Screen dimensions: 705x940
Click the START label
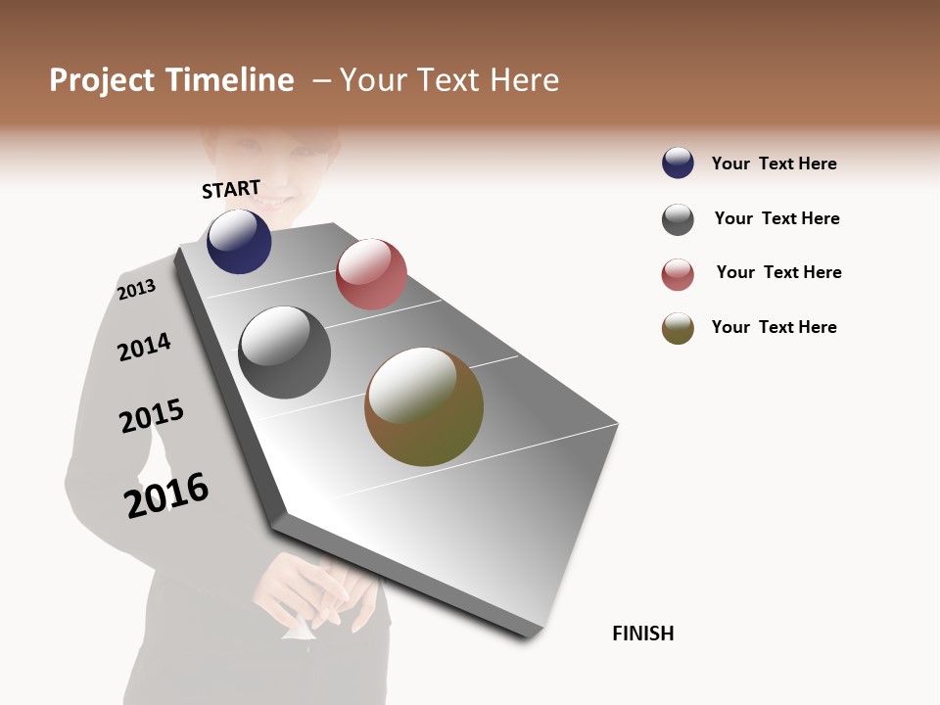point(231,188)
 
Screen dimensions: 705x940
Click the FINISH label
point(642,634)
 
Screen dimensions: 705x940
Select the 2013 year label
point(136,289)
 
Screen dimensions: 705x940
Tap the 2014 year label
point(144,347)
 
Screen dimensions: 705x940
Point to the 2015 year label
point(152,416)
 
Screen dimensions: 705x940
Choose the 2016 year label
point(166,494)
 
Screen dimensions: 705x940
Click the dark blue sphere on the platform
point(239,242)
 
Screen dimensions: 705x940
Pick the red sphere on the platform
point(371,274)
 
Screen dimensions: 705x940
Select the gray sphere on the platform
point(284,352)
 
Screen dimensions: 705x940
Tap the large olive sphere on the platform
point(424,406)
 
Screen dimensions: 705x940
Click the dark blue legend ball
point(678,163)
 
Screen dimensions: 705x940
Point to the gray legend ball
point(678,219)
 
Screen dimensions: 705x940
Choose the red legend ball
point(678,274)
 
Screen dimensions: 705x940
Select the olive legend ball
point(678,328)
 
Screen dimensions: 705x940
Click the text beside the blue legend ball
point(774,164)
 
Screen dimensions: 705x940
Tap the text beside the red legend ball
point(778,272)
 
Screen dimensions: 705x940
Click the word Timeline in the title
point(229,80)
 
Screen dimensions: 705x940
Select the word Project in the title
point(102,80)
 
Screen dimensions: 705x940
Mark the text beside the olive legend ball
point(774,327)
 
